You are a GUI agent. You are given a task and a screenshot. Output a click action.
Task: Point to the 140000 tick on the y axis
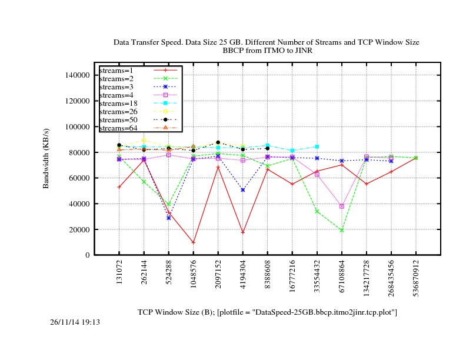pos(77,75)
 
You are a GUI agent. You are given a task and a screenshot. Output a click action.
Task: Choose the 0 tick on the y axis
pos(86,255)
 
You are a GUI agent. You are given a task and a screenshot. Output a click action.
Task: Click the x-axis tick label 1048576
pos(194,278)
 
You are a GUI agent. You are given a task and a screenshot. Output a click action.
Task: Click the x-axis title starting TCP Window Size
pos(267,311)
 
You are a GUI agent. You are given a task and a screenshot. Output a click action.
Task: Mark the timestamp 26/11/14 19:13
pos(75,322)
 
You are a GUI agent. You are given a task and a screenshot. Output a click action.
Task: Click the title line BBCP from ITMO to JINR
pos(267,51)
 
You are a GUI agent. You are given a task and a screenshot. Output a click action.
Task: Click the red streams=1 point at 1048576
pos(193,242)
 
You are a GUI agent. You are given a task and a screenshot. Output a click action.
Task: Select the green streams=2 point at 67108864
pos(341,231)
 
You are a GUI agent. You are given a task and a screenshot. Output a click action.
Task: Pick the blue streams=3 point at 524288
pos(168,218)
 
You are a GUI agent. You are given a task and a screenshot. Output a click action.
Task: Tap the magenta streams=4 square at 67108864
pos(341,206)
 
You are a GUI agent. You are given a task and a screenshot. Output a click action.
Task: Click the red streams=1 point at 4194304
pos(242,232)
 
